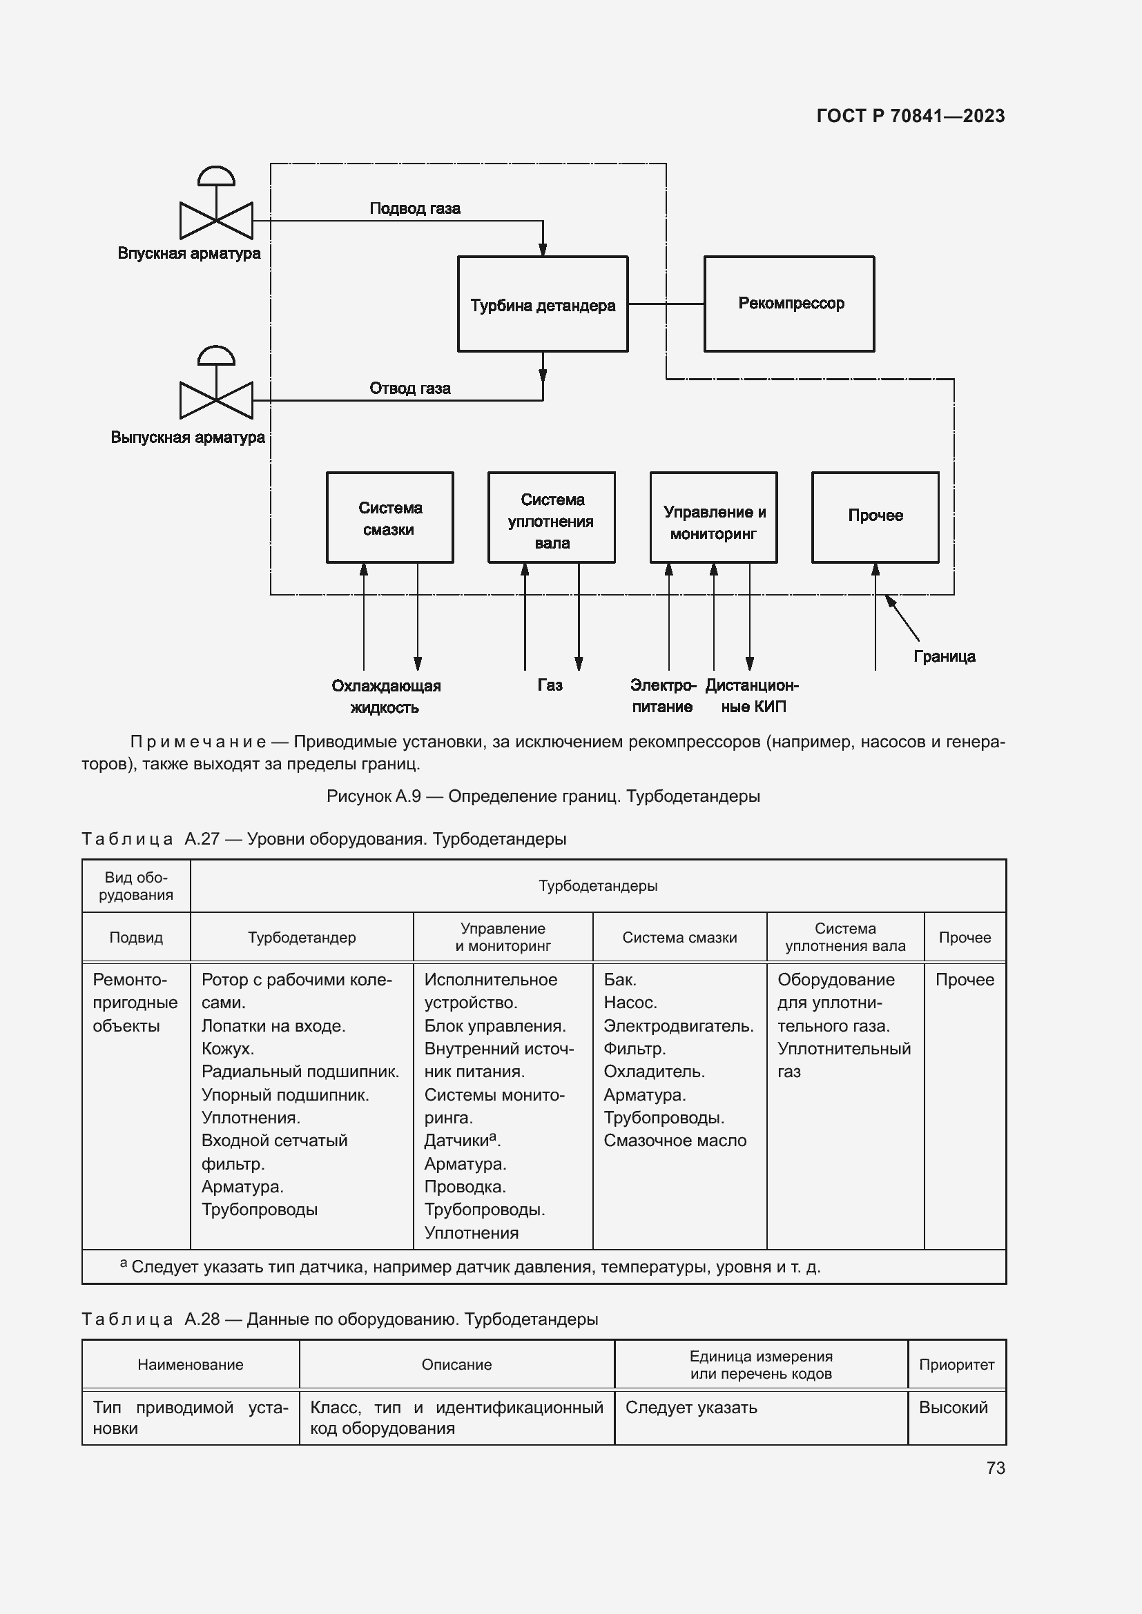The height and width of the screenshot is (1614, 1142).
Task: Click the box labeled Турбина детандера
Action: tap(542, 304)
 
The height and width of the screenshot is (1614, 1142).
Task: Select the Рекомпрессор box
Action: tap(789, 304)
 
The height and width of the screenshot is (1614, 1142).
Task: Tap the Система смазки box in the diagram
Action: tap(389, 518)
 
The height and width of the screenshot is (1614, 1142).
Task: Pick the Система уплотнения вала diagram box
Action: tap(551, 518)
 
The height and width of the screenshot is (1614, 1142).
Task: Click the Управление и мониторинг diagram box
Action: tap(713, 518)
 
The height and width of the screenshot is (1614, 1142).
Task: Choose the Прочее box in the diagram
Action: tap(875, 518)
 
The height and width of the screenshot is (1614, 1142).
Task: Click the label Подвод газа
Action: tap(415, 208)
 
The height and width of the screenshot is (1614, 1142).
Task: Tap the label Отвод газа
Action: tap(410, 388)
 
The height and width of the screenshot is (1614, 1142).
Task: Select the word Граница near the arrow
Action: tap(944, 656)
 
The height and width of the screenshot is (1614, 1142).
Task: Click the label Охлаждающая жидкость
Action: tap(385, 696)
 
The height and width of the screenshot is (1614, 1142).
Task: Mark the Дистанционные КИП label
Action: tap(752, 696)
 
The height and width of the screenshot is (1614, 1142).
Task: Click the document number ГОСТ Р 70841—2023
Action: tap(910, 116)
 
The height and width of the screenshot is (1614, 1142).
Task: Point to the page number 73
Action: tap(995, 1468)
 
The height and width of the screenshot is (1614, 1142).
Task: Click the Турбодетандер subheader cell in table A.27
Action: tap(302, 937)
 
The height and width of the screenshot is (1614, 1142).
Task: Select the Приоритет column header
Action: tap(956, 1364)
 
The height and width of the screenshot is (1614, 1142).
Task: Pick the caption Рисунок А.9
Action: tap(543, 796)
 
